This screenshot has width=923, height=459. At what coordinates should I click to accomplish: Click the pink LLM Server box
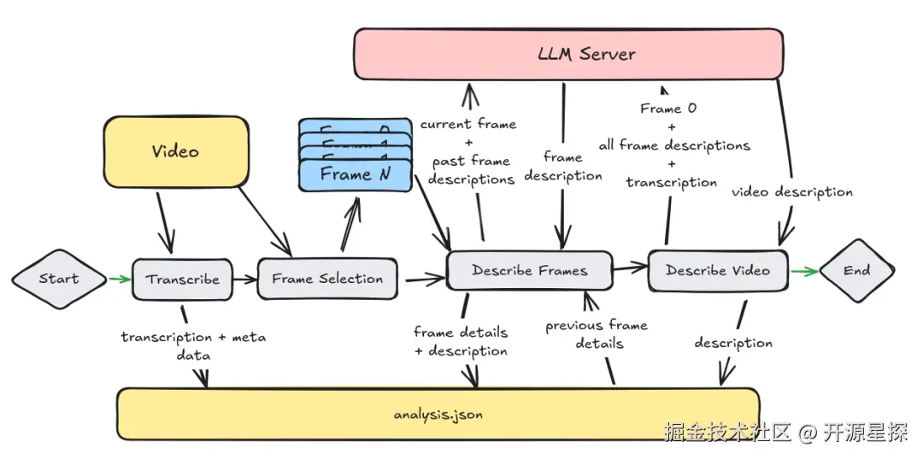[x=569, y=55]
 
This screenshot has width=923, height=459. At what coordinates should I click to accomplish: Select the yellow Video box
[x=175, y=152]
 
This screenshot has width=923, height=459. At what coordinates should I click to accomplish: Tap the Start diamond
[x=58, y=279]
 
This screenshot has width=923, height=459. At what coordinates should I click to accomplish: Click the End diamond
[x=856, y=271]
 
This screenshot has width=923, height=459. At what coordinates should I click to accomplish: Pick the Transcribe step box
[x=182, y=280]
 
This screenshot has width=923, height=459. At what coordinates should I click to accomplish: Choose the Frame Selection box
[x=327, y=279]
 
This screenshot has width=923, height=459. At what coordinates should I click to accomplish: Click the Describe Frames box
[x=529, y=271]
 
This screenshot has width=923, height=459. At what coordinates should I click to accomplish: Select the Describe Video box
[x=717, y=271]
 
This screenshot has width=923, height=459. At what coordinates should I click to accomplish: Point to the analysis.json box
[x=438, y=415]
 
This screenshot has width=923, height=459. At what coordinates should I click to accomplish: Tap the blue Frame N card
[x=354, y=174]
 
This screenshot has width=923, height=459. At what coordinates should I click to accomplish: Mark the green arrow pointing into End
[x=803, y=271]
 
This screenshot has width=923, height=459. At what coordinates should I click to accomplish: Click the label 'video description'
[x=792, y=192]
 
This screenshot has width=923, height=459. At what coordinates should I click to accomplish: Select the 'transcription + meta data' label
[x=193, y=345]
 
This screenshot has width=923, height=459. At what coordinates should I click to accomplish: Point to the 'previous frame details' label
[x=597, y=334]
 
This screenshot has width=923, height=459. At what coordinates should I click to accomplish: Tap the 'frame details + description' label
[x=461, y=341]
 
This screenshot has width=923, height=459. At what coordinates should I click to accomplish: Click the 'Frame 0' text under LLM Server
[x=668, y=109]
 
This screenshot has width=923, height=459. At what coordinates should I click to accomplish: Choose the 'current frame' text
[x=468, y=125]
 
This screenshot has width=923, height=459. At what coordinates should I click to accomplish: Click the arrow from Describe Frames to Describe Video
[x=630, y=268]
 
